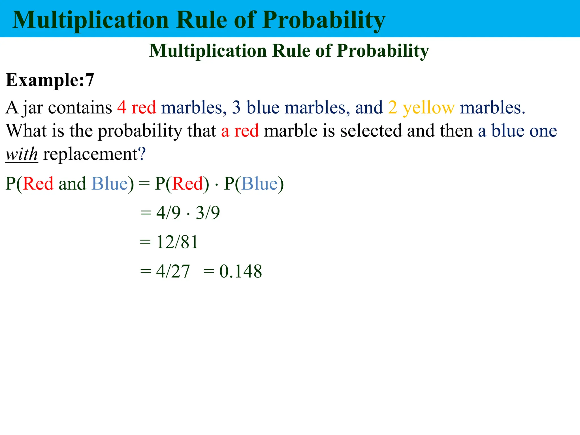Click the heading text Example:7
pyautogui.click(x=50, y=80)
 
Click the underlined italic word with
pyautogui.click(x=22, y=154)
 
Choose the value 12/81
pyautogui.click(x=177, y=242)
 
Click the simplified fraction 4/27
pyautogui.click(x=173, y=271)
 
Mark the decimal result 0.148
pyautogui.click(x=241, y=271)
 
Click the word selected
pyautogui.click(x=371, y=131)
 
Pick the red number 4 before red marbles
pyautogui.click(x=122, y=108)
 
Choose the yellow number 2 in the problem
pyautogui.click(x=393, y=108)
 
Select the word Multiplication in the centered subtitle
pyautogui.click(x=208, y=51)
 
